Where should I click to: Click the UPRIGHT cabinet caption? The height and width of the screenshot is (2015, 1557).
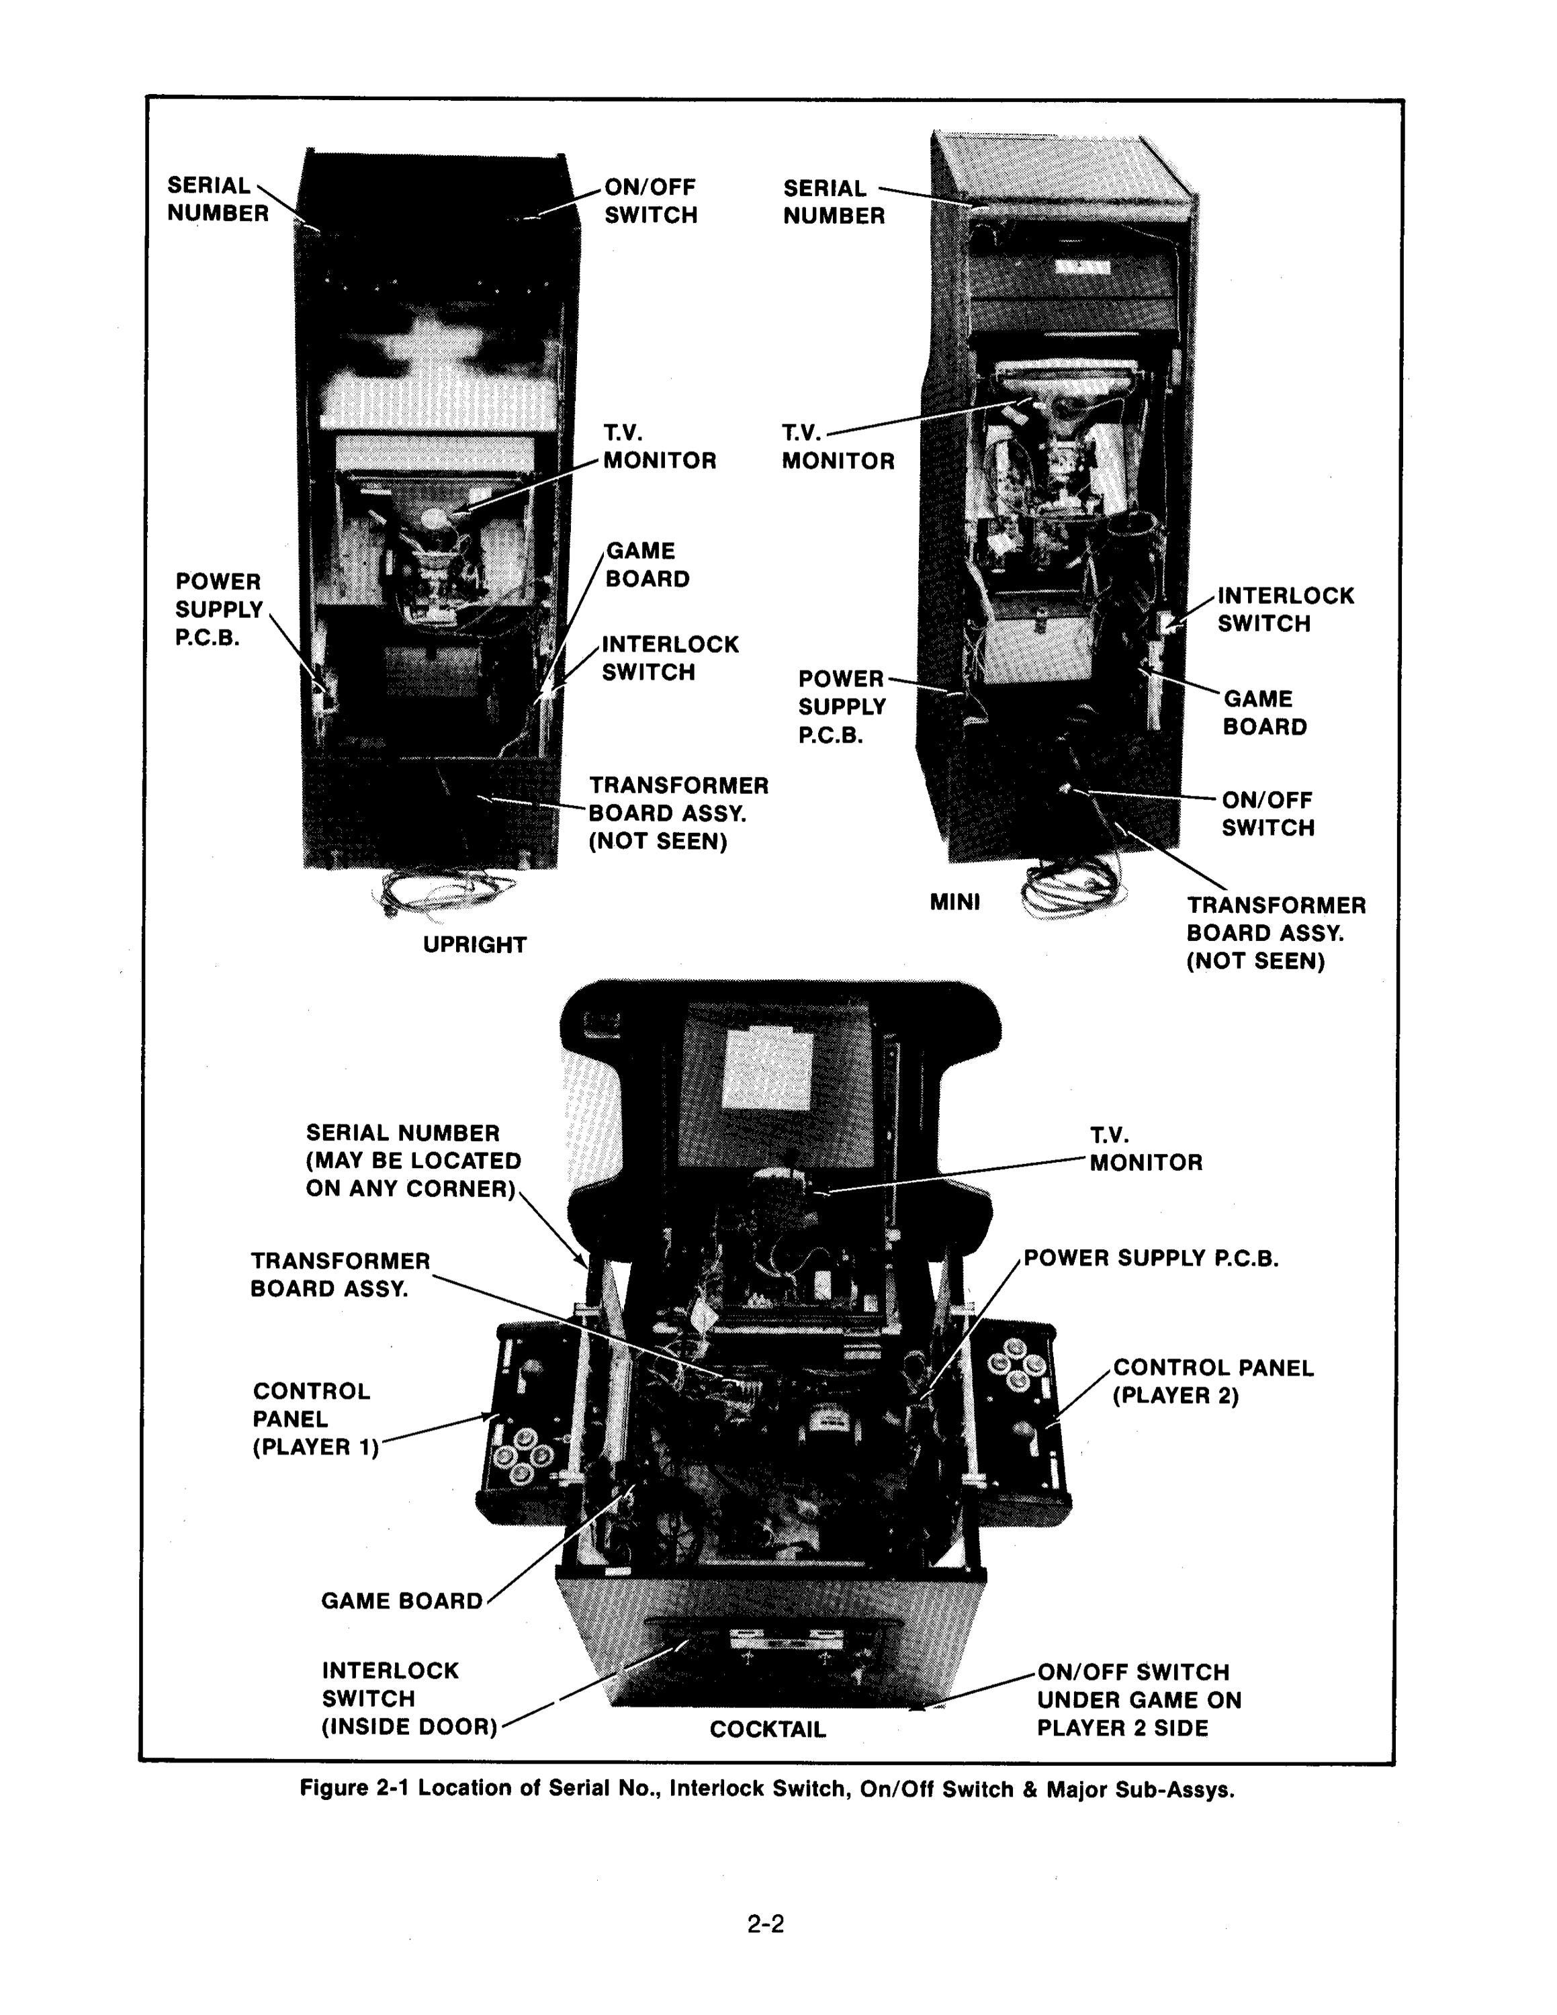(x=474, y=945)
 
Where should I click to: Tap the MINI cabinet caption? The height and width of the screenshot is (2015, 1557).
(x=954, y=901)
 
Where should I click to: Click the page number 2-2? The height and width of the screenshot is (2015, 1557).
(x=766, y=1924)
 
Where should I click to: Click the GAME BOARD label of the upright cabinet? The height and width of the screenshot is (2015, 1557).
(x=647, y=565)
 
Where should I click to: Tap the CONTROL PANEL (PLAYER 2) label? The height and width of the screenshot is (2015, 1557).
(x=1212, y=1381)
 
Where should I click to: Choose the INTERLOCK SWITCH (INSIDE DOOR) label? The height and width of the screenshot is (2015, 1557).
(x=408, y=1699)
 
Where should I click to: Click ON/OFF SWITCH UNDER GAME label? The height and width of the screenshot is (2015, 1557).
(x=1139, y=1699)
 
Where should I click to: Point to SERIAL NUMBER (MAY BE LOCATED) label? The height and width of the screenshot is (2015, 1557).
(x=412, y=1161)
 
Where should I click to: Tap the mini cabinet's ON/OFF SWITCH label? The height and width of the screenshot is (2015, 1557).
(x=1266, y=814)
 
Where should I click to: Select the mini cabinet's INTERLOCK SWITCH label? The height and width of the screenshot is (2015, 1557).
(x=1285, y=609)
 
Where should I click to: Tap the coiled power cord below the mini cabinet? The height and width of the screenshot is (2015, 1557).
(x=1073, y=889)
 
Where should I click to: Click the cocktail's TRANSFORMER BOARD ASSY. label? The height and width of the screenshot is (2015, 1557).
(x=339, y=1274)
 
